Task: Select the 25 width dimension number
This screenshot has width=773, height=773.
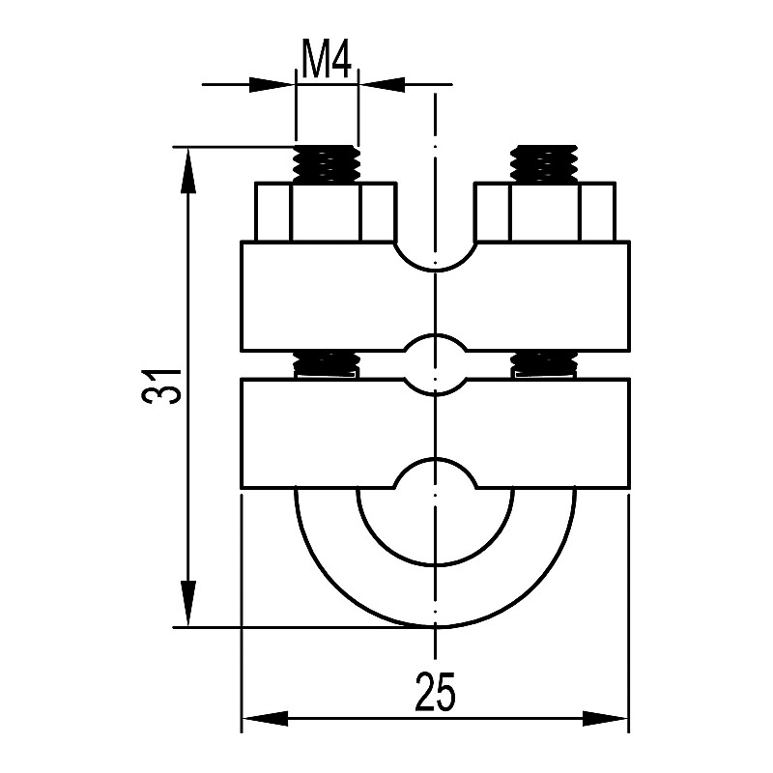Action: coord(435,691)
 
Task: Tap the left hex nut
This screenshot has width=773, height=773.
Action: coord(326,212)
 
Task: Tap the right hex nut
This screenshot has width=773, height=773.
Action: coord(544,212)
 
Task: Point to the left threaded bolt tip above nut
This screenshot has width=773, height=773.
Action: coord(327,163)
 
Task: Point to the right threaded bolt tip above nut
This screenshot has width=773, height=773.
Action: coord(544,163)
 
